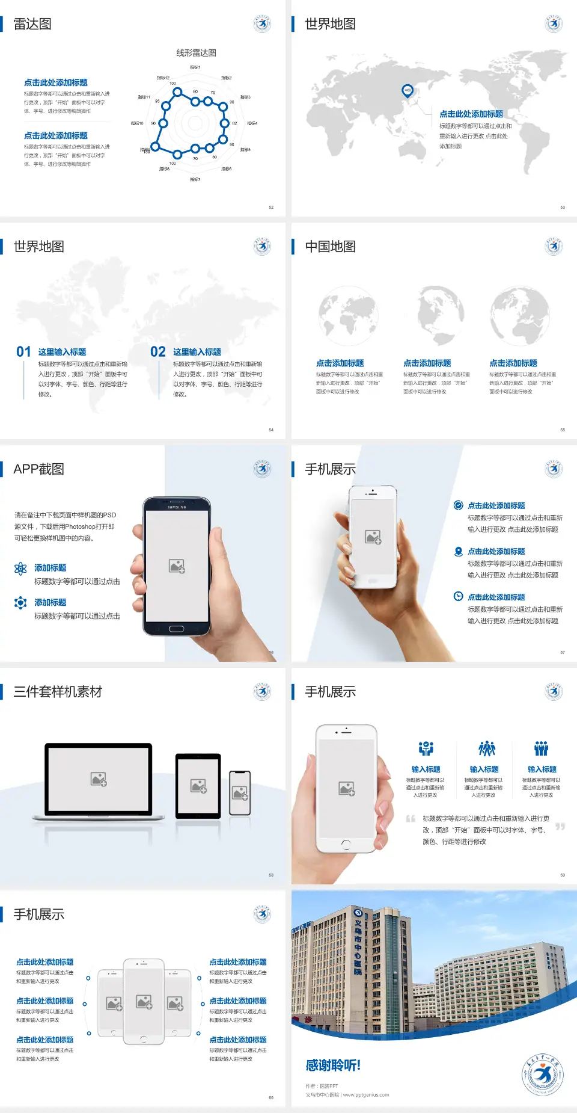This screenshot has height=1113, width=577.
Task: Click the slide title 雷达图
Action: tap(32, 24)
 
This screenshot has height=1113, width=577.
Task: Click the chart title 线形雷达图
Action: tap(196, 53)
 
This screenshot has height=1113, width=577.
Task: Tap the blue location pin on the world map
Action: tap(408, 90)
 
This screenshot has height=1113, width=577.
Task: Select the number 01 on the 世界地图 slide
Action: tap(23, 352)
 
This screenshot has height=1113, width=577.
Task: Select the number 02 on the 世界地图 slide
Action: tap(158, 352)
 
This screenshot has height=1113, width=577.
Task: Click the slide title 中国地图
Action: tap(330, 247)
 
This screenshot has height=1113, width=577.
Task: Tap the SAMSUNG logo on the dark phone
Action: tap(177, 507)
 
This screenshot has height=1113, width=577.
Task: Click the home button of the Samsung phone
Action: tap(176, 629)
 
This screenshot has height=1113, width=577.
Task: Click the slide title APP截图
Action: tap(39, 469)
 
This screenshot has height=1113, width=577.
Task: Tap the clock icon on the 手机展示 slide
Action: tap(458, 596)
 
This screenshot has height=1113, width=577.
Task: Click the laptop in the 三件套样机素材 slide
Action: tap(99, 781)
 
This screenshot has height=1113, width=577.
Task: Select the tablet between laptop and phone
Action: tap(198, 785)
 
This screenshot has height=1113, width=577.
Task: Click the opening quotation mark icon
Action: tap(411, 819)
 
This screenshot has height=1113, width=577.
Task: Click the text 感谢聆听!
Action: tap(333, 1065)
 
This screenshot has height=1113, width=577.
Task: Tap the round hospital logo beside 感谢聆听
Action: tap(542, 1074)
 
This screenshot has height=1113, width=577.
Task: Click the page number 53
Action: tap(563, 207)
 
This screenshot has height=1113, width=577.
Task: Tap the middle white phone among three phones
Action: tap(144, 1001)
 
